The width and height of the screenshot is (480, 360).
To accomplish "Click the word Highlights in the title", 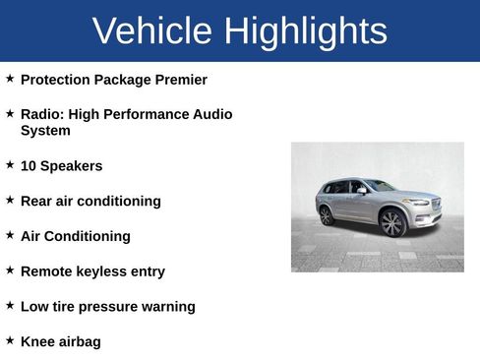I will pos(305,31).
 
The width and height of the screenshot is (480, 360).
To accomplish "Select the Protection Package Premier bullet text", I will pos(113,80).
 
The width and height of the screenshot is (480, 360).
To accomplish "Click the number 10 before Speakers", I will pos(29,166).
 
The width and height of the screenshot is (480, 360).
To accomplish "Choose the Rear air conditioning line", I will pos(90,201).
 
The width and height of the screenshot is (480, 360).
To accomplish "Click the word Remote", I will pos(47,271).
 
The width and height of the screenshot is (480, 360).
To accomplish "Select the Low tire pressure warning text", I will pos(107,307).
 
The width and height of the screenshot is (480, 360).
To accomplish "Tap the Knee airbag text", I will pos(60,342).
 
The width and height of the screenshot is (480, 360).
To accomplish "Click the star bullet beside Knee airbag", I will pos(10,340).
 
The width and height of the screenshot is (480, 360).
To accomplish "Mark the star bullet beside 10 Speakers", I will pos(10,164).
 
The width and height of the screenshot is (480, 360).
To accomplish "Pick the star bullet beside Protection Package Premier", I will pos(10,78).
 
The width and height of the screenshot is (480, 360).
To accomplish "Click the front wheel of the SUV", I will pos(392,223).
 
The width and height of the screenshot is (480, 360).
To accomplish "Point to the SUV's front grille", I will pos(435,206).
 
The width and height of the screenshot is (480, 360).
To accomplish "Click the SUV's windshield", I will pos(380,186).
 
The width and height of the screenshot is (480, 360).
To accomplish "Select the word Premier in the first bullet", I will pos(180,80).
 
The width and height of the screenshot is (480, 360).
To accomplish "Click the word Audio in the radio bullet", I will pos(212,114).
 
